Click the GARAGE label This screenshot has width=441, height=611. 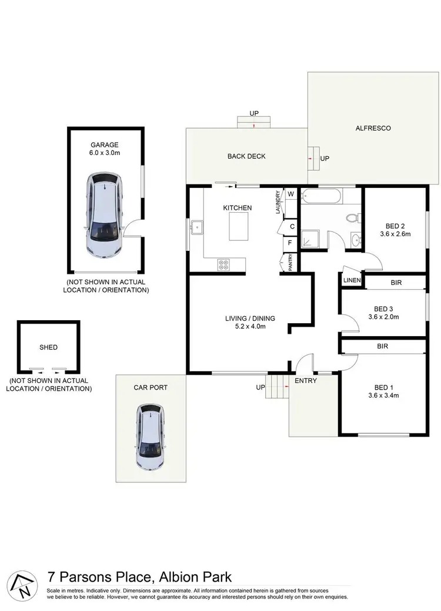click(x=105, y=145)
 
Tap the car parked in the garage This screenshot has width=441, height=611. click(x=105, y=216)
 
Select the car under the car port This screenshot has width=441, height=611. click(x=151, y=437)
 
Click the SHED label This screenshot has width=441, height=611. click(x=49, y=347)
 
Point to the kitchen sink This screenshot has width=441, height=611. click(x=196, y=226)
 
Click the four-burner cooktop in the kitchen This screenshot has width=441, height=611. click(x=223, y=264)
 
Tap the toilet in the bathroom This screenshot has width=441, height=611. click(x=352, y=218)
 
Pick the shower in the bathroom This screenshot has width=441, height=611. click(x=309, y=239)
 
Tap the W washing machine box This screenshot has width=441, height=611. click(x=290, y=194)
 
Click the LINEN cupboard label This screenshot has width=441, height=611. click(x=352, y=281)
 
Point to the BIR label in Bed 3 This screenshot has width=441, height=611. click(x=396, y=283)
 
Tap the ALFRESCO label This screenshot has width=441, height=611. click(x=373, y=128)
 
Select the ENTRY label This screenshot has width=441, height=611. click(x=306, y=381)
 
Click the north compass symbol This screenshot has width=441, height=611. click(x=21, y=586)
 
